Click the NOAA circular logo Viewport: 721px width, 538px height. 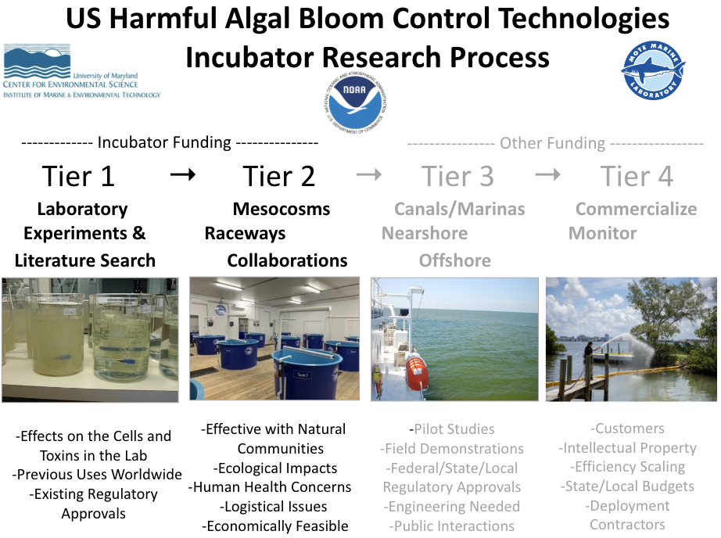[x=355, y=103]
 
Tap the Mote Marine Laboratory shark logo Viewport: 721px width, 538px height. [x=653, y=70]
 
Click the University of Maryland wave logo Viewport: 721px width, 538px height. [x=38, y=61]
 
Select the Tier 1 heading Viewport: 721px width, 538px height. [x=78, y=176]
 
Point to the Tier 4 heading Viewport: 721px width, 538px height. [x=637, y=176]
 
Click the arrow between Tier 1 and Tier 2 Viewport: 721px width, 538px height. [x=183, y=174]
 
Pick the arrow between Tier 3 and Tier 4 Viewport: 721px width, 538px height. [x=547, y=174]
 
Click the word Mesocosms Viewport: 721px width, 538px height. [x=282, y=209]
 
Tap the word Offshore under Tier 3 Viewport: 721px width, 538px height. [x=455, y=260]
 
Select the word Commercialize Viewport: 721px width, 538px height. [x=637, y=209]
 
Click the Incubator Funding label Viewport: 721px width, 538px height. [x=164, y=142]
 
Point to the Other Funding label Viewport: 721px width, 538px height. [x=552, y=143]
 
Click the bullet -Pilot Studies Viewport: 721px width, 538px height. [x=451, y=429]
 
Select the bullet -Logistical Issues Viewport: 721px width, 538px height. [x=274, y=506]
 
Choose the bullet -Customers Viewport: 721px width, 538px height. [x=628, y=429]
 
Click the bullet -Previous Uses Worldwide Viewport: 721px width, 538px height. [x=97, y=474]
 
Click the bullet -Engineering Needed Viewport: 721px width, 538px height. [x=451, y=506]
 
